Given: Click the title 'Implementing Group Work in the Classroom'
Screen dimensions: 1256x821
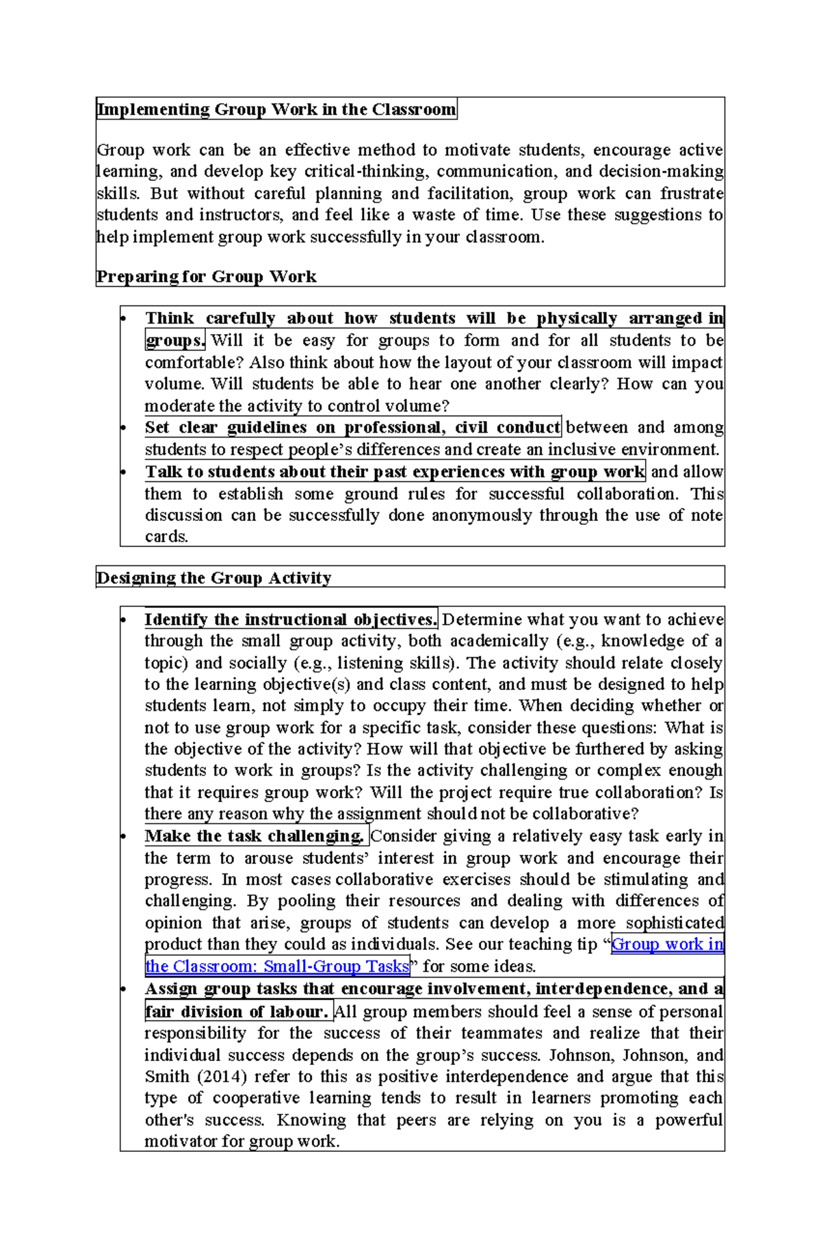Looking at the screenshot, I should click(x=276, y=110).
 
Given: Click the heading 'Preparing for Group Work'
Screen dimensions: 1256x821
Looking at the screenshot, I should click(x=206, y=277).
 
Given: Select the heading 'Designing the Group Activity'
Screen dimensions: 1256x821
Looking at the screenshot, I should click(x=213, y=578).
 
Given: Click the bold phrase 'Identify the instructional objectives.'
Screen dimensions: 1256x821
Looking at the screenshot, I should click(x=291, y=619).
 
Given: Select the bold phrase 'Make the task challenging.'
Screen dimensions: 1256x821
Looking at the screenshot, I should click(x=255, y=836).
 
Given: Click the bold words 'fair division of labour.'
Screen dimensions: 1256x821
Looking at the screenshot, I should click(x=237, y=1011).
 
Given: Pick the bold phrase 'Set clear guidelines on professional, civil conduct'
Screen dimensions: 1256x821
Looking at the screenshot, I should click(x=352, y=427).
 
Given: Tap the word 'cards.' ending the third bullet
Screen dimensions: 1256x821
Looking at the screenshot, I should click(x=166, y=537).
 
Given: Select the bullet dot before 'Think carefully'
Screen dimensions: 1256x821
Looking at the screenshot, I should click(x=124, y=319).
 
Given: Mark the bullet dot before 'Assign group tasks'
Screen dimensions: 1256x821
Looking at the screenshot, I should click(x=124, y=990).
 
